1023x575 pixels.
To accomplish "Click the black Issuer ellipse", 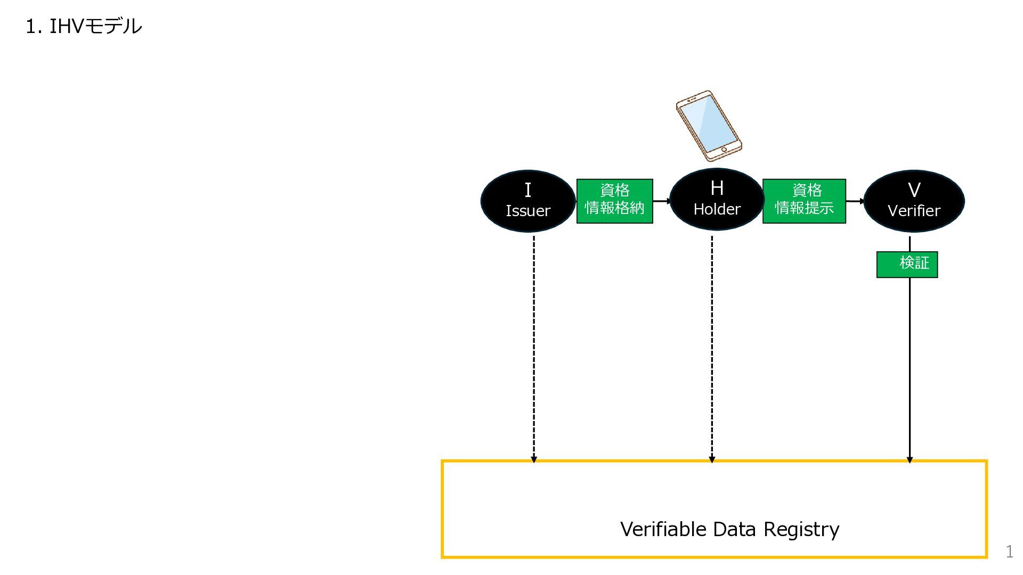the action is coord(528,201).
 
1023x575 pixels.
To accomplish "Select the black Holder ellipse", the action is coord(717,199).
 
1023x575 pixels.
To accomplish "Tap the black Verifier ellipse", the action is coord(914,201).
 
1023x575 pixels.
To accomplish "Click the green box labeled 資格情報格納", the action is coord(615,201).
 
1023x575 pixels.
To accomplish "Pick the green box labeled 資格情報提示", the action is coord(804,201).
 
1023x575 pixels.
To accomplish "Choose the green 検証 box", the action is coord(907,265).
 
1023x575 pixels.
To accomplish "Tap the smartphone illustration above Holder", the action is coord(709,126).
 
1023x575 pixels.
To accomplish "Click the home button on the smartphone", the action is coord(724,150).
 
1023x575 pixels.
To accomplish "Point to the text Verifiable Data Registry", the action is coord(729,529).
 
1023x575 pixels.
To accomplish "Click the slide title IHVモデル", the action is coord(84,26).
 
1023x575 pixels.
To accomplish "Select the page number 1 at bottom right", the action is coord(1009,551).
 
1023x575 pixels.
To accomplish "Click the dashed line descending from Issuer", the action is coord(534,349).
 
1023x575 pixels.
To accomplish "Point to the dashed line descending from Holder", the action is coord(712,349).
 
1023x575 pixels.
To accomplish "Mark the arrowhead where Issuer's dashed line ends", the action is coord(534,459).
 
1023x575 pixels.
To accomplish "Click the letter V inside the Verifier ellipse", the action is coord(914,190).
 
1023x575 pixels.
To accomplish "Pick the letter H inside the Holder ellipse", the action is coord(717,188).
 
